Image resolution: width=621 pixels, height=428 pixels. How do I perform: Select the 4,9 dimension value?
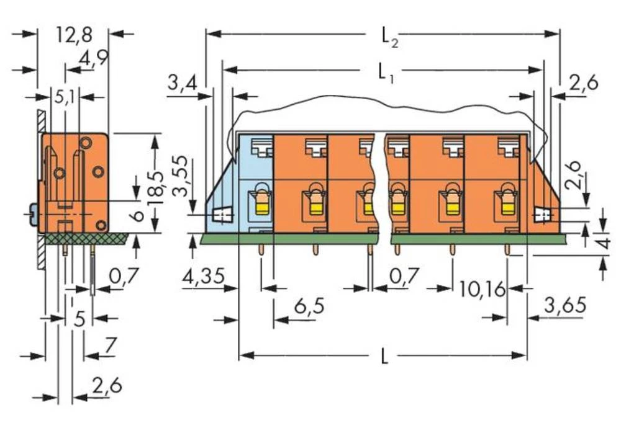click(93, 59)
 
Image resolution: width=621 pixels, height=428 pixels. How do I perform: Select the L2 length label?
click(388, 37)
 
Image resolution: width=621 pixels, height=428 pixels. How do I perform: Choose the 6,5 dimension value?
click(309, 306)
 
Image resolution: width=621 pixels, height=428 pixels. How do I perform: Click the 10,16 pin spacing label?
click(483, 288)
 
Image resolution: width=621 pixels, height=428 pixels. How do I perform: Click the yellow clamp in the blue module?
click(261, 202)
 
